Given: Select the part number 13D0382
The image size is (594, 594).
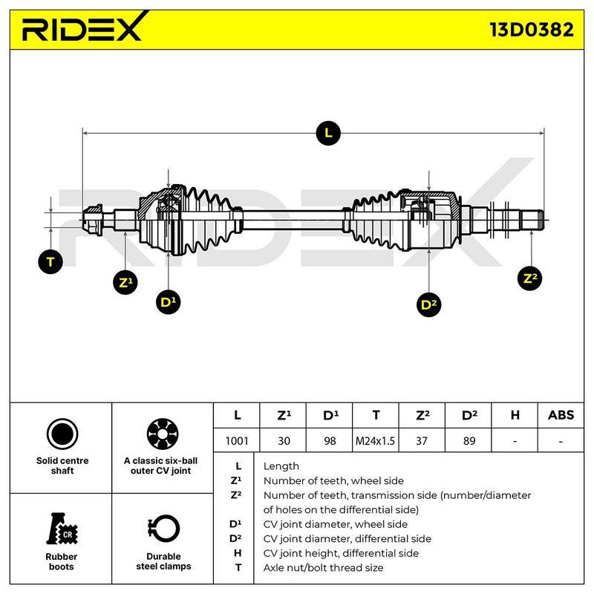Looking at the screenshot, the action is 532,30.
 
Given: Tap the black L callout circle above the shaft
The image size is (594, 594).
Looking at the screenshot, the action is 328,133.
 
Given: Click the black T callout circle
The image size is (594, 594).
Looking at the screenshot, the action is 50,261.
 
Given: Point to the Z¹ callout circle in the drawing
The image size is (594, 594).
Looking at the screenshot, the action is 125,282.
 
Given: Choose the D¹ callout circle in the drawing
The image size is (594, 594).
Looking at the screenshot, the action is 168,302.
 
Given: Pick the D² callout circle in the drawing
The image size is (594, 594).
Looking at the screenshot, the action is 428,304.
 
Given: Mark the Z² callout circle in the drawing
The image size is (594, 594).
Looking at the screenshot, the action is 529,278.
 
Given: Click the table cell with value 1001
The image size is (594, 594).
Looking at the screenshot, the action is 237,440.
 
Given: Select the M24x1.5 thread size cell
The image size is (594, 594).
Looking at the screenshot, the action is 375,440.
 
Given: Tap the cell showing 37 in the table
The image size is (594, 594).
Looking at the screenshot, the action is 422,440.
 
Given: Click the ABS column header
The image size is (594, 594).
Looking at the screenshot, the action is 561,415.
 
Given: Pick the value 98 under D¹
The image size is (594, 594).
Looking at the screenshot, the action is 330,440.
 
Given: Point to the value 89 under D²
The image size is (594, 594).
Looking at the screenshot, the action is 469,440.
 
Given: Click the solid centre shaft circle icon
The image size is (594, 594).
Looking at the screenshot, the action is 62,434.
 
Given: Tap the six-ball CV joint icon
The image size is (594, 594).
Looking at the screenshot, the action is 163,434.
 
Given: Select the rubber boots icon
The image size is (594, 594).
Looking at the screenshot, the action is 62,529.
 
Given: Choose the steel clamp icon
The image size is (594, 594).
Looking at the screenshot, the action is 163,529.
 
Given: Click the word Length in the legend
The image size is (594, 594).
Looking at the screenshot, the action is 281,466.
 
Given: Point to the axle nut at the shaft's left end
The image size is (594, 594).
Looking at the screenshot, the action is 93,220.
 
